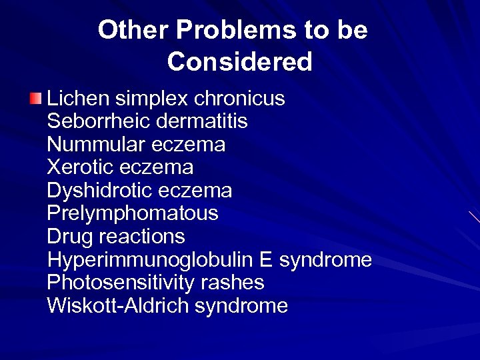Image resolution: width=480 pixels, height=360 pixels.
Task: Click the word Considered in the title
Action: click(240, 62)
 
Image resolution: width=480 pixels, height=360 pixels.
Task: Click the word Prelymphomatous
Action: click(133, 214)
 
